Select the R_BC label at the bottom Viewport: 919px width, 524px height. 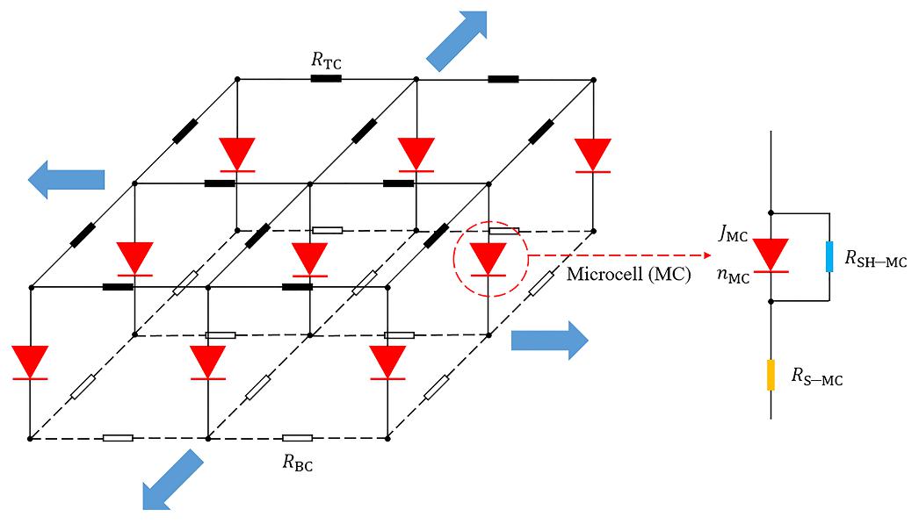tap(298, 463)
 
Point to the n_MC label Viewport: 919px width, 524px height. tap(732, 278)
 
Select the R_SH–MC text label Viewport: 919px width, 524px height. tap(875, 259)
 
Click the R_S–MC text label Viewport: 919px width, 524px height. tap(817, 378)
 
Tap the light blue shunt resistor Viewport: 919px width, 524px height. tap(829, 257)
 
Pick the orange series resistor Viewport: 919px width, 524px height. tap(771, 375)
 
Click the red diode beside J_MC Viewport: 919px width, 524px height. tap(771, 255)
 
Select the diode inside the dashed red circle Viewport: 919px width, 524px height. tap(488, 260)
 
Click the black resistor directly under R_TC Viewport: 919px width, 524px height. tap(325, 79)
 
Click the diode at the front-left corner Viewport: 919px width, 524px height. tap(30, 362)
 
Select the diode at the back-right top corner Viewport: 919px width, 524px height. tap(594, 155)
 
